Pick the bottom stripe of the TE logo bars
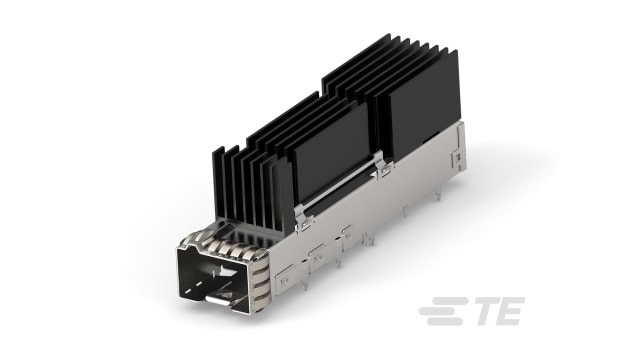pyautogui.click(x=440, y=322)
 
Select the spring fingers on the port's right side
pyautogui.click(x=262, y=275)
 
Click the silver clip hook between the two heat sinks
pyautogui.click(x=383, y=166)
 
